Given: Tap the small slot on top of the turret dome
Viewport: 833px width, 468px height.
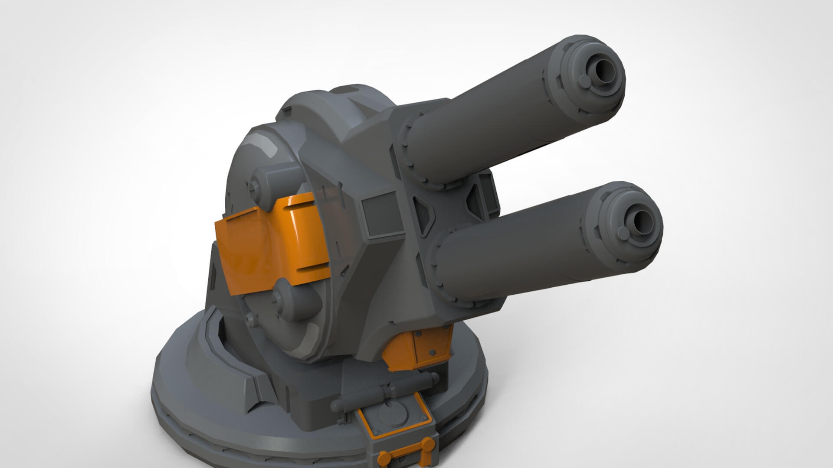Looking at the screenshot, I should (345, 90).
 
